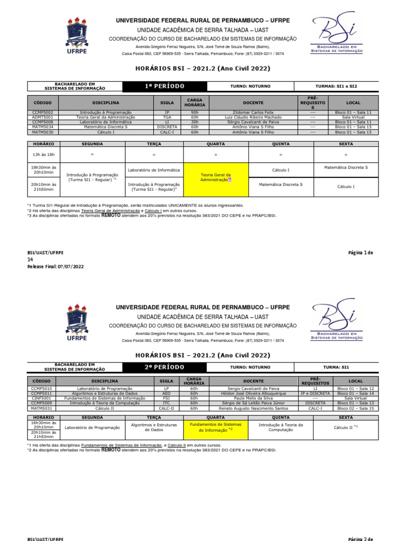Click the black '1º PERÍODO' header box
pos(164,86)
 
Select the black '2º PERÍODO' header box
pos(164,367)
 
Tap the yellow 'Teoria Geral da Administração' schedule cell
pos(216,177)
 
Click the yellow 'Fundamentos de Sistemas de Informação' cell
pos(216,427)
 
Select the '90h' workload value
pos(193,113)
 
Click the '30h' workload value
pos(193,122)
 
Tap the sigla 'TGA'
pos(167,117)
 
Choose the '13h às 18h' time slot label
pos(44,155)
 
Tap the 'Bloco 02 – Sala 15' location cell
pos(355,408)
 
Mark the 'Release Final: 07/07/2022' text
pos(56,267)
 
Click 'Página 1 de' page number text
pos(360,253)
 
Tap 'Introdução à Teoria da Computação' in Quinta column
pos(281,427)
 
